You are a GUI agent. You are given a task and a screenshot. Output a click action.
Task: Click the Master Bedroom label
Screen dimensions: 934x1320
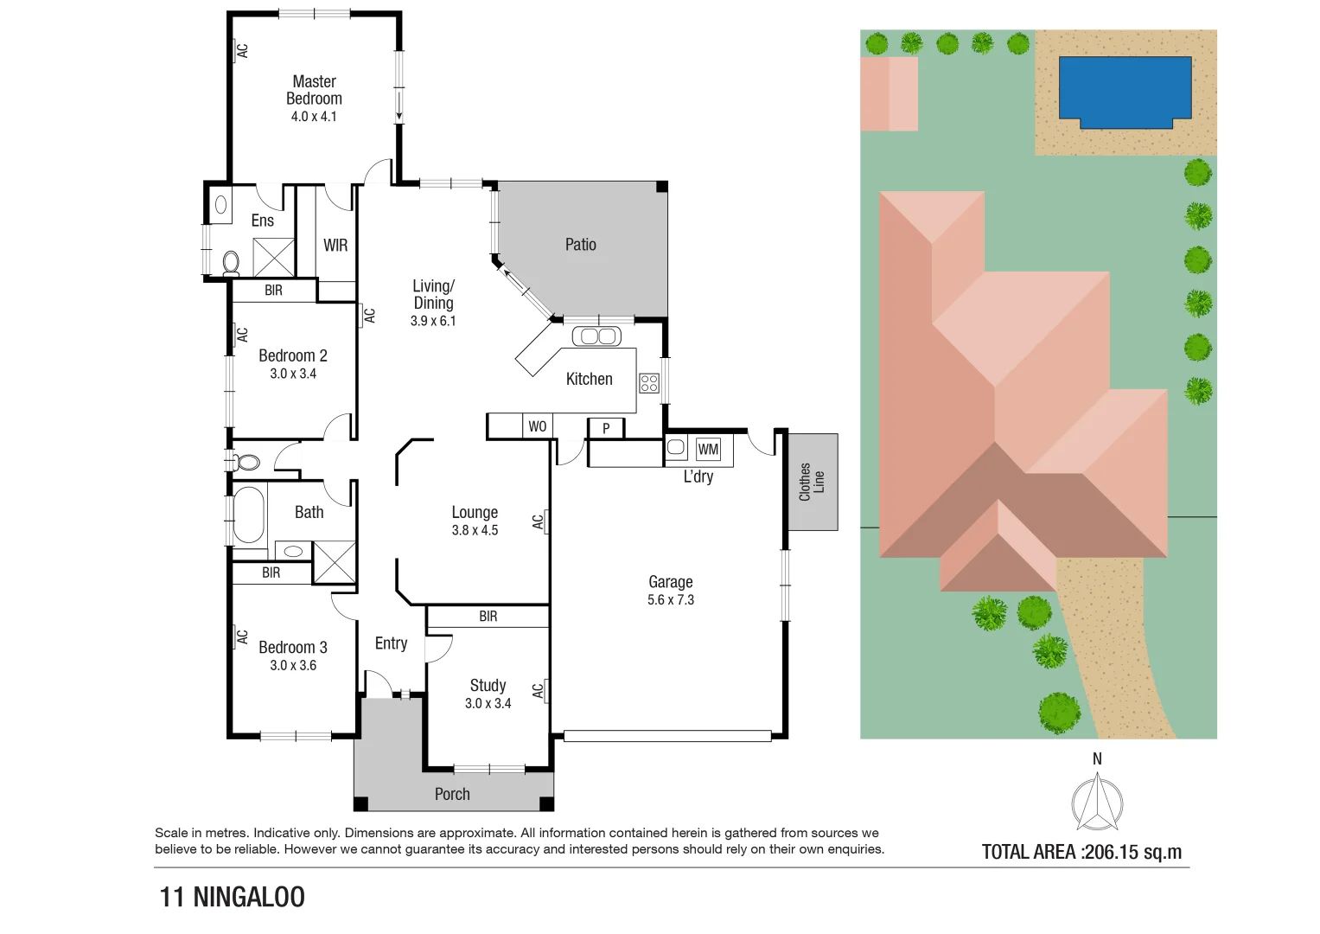point(314,90)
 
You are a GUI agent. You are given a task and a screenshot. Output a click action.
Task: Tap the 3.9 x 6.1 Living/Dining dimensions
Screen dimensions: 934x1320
point(433,321)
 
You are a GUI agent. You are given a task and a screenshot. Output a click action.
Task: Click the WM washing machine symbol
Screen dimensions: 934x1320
point(708,449)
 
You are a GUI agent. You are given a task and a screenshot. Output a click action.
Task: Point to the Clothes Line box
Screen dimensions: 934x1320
point(812,482)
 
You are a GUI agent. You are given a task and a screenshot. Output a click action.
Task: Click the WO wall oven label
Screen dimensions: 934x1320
point(537,426)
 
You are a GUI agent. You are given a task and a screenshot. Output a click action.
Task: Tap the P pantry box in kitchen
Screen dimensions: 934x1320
point(606,428)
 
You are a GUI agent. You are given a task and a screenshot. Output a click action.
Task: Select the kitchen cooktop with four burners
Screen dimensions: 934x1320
point(649,383)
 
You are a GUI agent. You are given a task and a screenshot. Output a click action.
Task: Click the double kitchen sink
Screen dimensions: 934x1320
point(596,336)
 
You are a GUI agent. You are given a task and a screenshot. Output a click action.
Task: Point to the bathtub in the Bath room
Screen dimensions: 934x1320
point(249,515)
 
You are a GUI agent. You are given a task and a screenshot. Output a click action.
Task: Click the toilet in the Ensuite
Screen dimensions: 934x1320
point(231,261)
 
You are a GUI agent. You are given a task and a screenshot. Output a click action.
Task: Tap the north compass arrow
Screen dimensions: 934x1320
point(1097,800)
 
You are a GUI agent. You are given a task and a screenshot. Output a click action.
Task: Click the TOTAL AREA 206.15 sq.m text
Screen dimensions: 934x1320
point(1081,852)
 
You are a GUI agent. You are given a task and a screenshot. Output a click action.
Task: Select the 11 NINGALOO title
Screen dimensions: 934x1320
point(232,897)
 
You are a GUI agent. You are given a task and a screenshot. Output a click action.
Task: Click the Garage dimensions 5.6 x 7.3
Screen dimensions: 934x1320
point(671,600)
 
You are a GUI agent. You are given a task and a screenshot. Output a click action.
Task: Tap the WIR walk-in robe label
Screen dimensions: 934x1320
point(335,246)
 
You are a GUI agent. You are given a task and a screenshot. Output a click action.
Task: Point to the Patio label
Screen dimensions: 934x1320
point(581,245)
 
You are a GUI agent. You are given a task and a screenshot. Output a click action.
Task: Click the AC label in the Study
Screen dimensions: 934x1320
point(539,690)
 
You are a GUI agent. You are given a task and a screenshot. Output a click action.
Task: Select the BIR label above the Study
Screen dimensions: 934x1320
point(488,617)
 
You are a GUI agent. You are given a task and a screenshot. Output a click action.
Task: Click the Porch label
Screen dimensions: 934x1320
point(452,794)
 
